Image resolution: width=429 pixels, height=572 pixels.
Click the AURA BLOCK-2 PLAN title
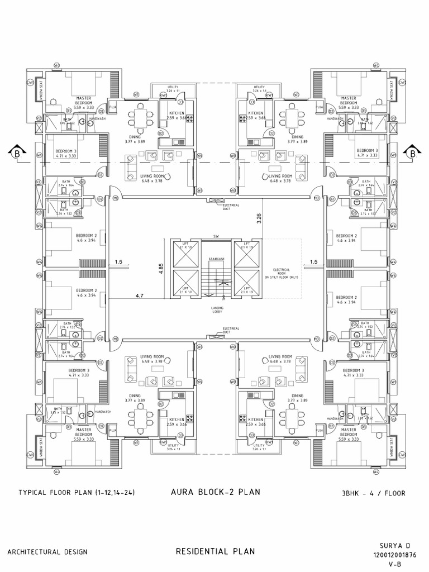point(214,492)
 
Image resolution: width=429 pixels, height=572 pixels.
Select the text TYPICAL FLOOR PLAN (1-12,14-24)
point(77,493)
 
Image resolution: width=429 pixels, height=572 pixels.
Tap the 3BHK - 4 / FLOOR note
point(373,493)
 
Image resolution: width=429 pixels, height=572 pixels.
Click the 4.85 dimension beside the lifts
point(161,268)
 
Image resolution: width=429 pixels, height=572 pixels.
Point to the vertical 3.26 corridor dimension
point(259,218)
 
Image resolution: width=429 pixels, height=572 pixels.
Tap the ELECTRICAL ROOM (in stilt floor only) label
point(282,273)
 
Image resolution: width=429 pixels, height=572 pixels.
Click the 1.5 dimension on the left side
point(119,261)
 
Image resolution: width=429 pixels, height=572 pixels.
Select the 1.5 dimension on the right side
point(313,261)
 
